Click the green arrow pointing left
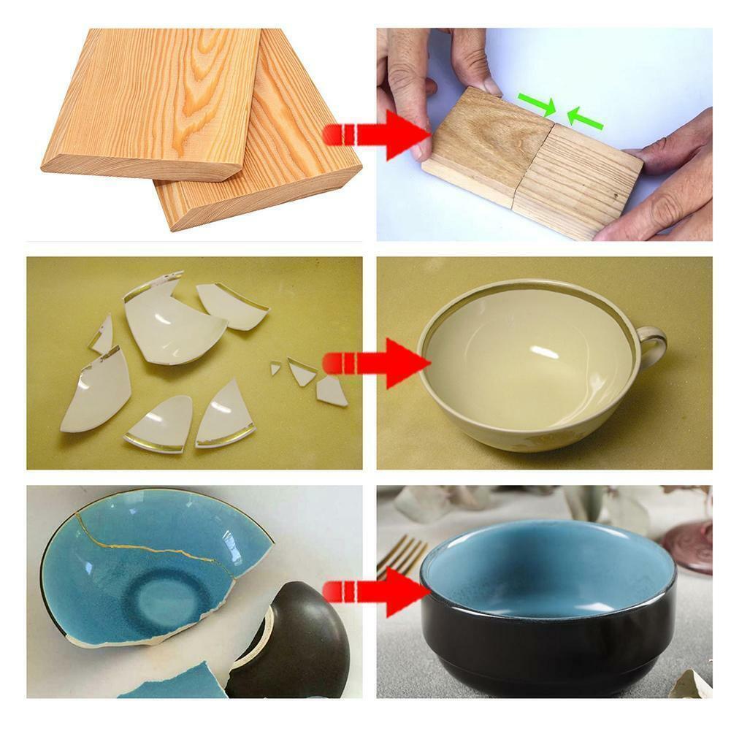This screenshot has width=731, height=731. click(585, 118)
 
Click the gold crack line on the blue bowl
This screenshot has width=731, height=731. click(146, 546)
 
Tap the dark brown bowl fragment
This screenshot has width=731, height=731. click(296, 643)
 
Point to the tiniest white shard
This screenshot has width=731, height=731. click(275, 368)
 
